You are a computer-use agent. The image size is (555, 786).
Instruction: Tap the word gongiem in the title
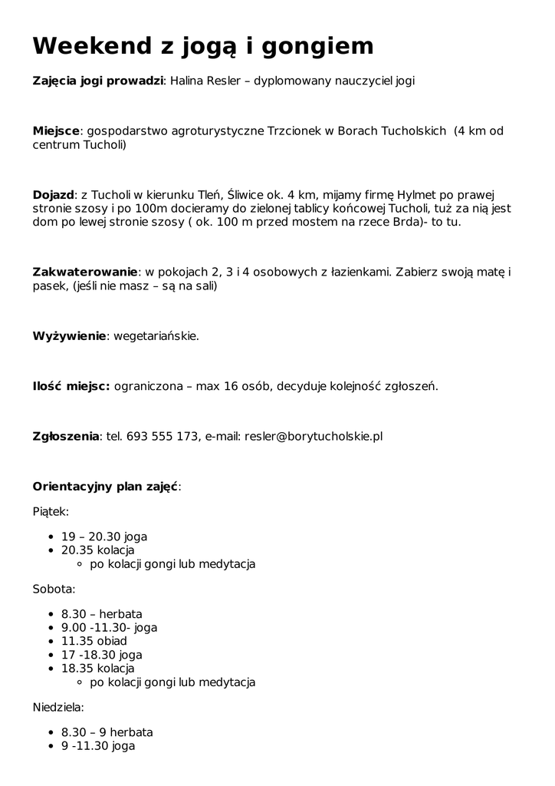tap(319, 48)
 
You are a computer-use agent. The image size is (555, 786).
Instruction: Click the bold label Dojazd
tap(53, 193)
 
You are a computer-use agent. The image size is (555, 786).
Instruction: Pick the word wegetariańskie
tap(156, 336)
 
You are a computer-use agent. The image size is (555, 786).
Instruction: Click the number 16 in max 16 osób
tap(232, 386)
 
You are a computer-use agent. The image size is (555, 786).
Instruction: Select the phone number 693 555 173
tap(163, 436)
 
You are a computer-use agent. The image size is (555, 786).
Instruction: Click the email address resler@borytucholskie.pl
tap(314, 436)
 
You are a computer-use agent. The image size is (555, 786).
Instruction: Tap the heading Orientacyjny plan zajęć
tap(106, 486)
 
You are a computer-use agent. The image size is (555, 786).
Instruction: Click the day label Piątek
tap(51, 510)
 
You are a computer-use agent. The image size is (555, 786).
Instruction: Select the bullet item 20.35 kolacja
tap(97, 550)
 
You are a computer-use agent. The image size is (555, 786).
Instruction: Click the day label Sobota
tap(54, 589)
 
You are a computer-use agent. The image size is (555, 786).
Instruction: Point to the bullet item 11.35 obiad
tap(94, 641)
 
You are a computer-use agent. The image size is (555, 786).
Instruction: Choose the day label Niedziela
tap(58, 707)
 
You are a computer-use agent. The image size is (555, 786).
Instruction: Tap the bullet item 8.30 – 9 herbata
tap(107, 732)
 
